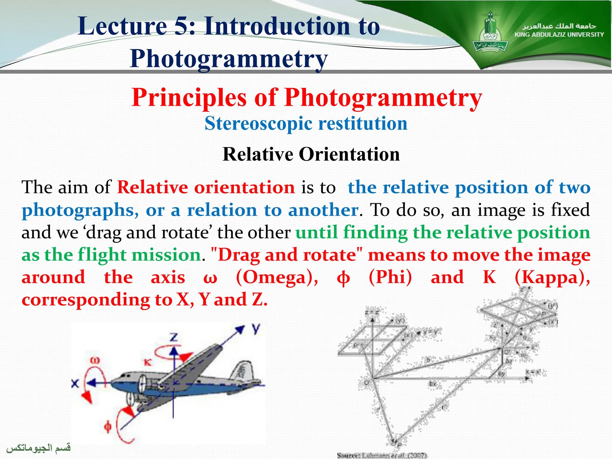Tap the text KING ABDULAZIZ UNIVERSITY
click(559, 35)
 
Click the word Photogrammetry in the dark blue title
click(229, 59)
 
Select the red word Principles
click(189, 97)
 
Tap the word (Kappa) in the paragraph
click(552, 277)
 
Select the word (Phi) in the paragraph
click(390, 277)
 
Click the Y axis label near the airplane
click(255, 329)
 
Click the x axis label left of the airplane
click(75, 383)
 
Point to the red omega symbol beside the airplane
click(95, 361)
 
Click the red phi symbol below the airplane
click(108, 426)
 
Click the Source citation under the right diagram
click(382, 455)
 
